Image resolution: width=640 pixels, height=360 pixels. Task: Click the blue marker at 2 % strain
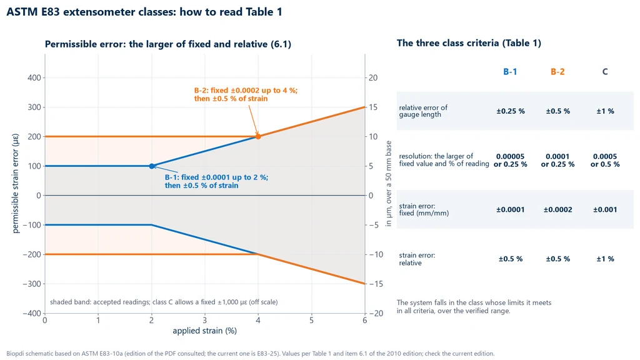click(152, 166)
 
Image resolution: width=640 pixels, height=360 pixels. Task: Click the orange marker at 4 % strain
click(258, 136)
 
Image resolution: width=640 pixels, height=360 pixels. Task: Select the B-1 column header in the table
click(510, 72)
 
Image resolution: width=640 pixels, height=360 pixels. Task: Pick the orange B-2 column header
click(557, 72)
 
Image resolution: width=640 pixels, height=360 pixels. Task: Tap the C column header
click(605, 72)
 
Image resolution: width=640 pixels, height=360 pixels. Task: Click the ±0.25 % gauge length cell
click(511, 111)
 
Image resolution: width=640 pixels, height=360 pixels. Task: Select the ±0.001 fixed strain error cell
click(605, 210)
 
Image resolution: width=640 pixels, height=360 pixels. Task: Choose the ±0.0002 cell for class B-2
click(558, 210)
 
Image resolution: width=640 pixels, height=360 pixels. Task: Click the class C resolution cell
click(605, 161)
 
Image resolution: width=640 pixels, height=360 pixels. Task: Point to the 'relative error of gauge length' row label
click(423, 111)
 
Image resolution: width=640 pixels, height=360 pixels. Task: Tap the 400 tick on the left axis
click(34, 77)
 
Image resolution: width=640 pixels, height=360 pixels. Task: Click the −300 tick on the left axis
click(32, 284)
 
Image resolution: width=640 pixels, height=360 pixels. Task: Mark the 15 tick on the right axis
click(373, 107)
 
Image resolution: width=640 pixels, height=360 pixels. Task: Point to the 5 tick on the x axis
click(311, 321)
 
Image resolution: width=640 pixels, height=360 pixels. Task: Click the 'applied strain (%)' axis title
click(204, 331)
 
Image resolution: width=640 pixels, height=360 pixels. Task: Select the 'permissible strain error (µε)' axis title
click(16, 183)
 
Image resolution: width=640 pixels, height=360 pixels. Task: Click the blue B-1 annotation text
click(216, 181)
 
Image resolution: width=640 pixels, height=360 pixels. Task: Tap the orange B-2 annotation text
click(246, 94)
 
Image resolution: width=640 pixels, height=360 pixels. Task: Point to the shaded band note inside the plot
click(164, 302)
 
